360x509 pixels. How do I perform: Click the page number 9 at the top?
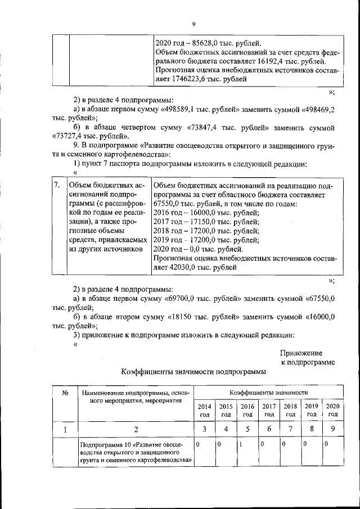[193, 24]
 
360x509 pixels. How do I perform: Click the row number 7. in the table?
[57, 185]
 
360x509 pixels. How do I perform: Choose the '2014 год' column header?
[204, 410]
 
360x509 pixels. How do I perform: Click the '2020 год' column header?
[332, 410]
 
